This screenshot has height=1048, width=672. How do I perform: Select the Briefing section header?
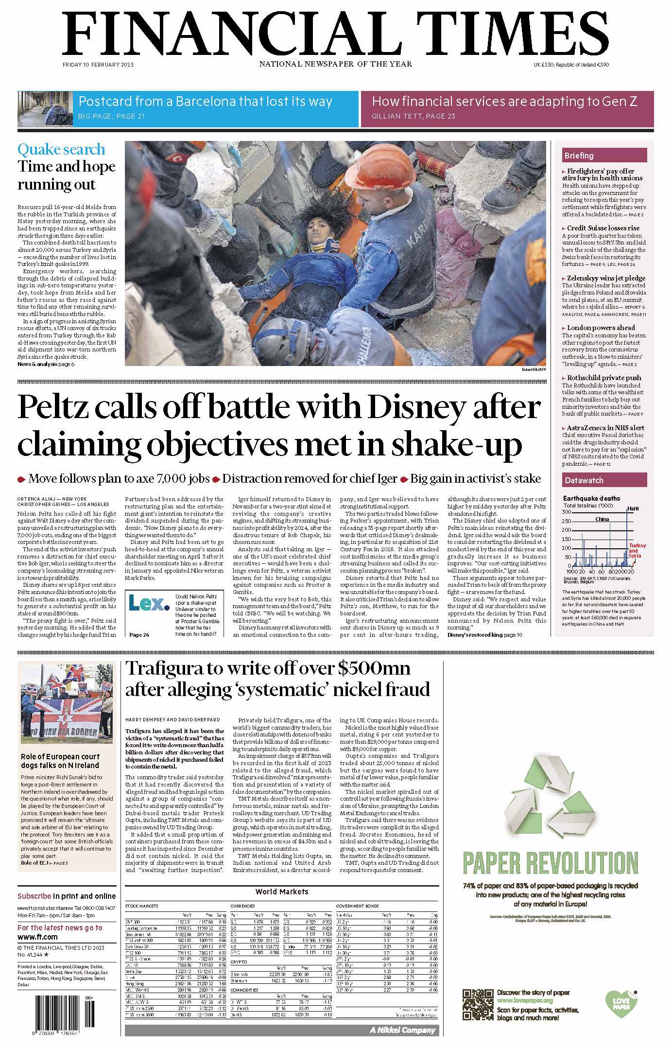[x=579, y=156]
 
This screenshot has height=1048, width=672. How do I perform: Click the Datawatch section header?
[x=584, y=480]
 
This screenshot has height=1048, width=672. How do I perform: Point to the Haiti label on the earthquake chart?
[x=633, y=508]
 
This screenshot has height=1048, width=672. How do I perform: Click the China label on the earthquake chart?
[x=602, y=519]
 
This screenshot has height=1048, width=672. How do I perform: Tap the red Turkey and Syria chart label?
[x=637, y=551]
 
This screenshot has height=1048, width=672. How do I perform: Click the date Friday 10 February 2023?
[x=98, y=65]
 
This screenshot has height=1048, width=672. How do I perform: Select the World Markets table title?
[x=282, y=891]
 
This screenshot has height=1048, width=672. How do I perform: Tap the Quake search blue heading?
[x=61, y=149]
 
